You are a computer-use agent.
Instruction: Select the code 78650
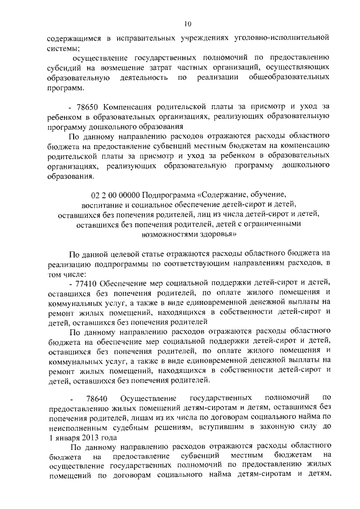(x=87, y=106)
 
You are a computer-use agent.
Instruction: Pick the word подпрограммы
(x=118, y=263)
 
